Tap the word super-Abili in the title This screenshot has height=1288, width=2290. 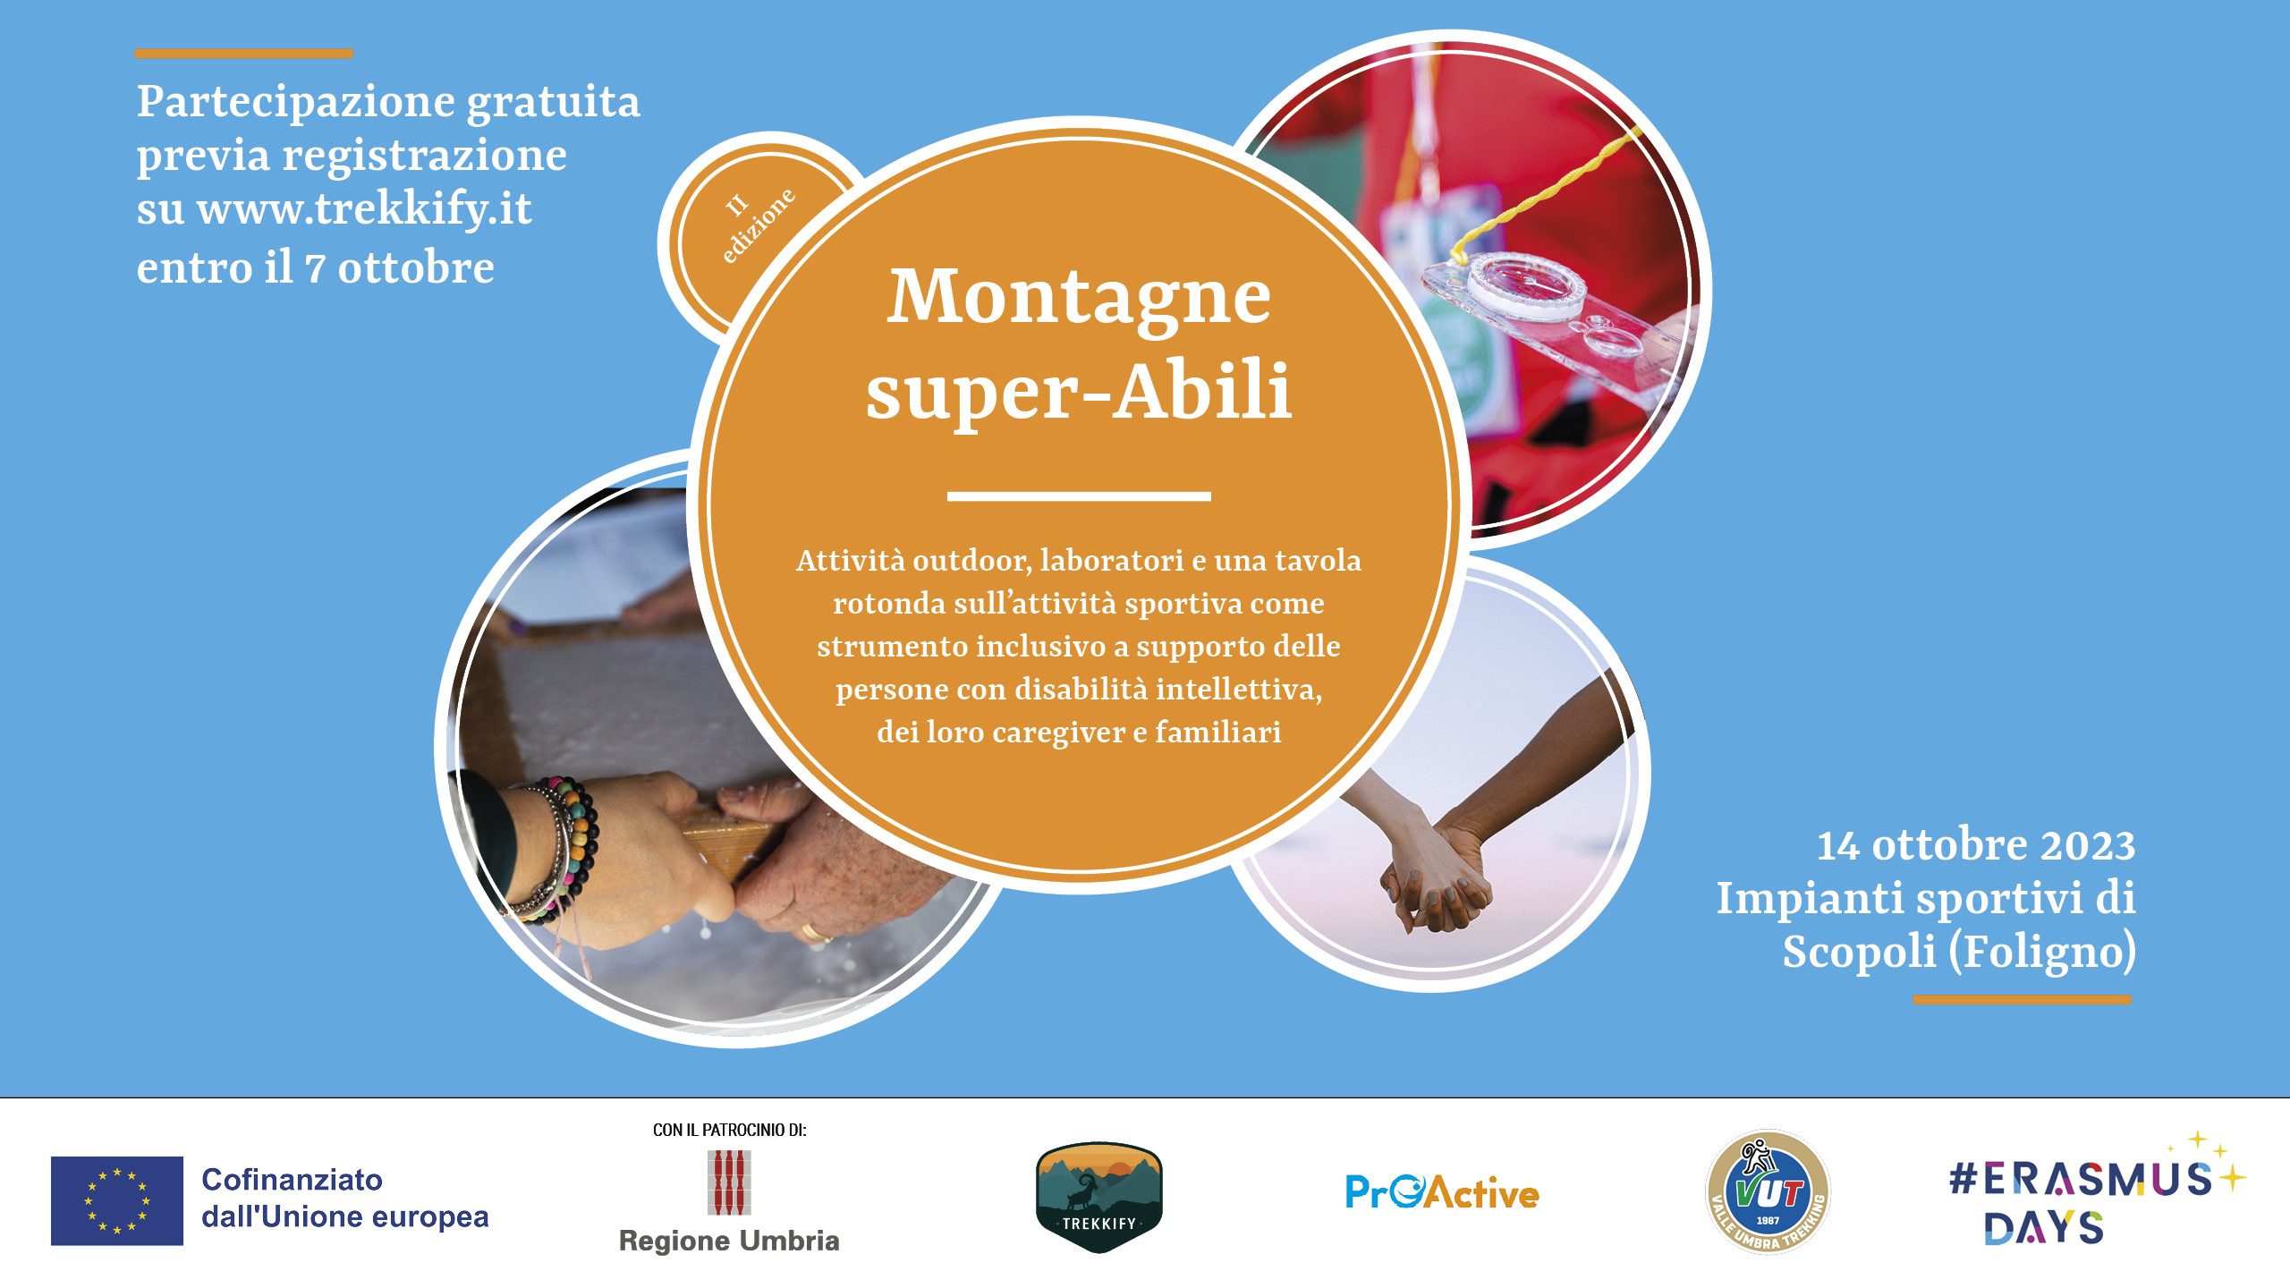point(1079,391)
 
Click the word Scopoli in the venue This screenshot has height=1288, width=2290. point(1859,952)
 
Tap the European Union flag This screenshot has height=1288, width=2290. point(117,1200)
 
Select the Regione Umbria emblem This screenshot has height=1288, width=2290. point(729,1182)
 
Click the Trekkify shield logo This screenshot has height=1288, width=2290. point(1098,1197)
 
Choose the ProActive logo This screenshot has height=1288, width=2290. point(1442,1192)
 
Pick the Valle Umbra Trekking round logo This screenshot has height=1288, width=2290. point(1768,1191)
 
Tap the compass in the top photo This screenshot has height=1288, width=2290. point(1526,284)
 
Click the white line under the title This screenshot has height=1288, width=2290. point(1079,496)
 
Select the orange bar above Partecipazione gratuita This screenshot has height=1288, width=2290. point(243,54)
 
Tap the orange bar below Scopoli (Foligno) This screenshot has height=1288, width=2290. point(2023,1000)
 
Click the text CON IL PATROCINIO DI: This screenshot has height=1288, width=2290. point(729,1131)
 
